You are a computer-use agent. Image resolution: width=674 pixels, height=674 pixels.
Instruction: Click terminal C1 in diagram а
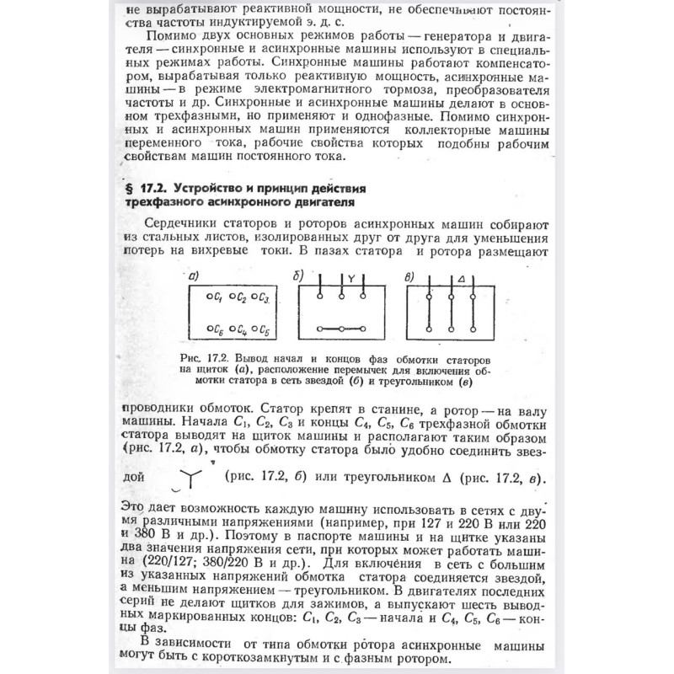pyautogui.click(x=213, y=297)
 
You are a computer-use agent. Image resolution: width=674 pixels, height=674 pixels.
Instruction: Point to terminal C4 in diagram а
pyautogui.click(x=238, y=329)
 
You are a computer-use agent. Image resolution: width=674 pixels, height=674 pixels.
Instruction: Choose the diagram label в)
pyautogui.click(x=409, y=275)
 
